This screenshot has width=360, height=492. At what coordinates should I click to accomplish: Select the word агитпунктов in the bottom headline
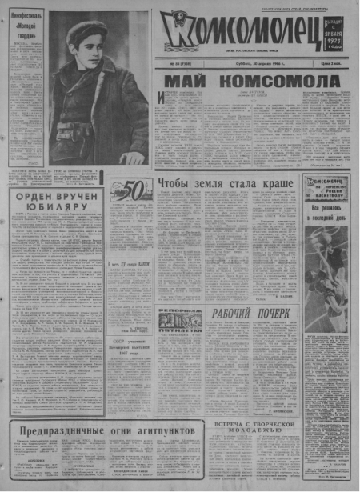click(161, 431)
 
